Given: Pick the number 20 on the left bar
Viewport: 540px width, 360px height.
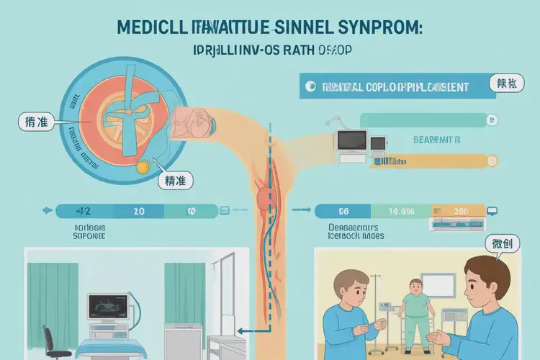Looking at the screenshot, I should click(139, 211).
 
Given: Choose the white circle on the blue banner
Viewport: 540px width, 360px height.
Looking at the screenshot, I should click(310, 86).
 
